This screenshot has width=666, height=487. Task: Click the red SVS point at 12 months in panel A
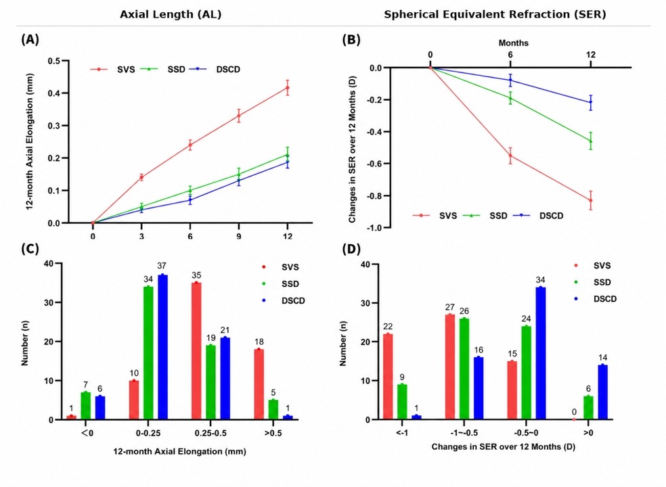[288, 88]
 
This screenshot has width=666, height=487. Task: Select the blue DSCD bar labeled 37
[162, 347]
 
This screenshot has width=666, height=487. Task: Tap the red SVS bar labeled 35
[196, 351]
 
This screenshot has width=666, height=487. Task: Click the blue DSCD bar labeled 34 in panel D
[541, 353]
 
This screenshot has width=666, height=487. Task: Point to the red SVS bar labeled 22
[388, 377]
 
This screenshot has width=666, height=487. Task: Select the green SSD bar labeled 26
[464, 369]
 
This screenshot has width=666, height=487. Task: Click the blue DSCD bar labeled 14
[602, 392]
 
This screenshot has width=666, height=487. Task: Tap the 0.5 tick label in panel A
[54, 61]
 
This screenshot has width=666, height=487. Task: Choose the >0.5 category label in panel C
[273, 434]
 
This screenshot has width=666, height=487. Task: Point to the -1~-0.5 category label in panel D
[464, 433]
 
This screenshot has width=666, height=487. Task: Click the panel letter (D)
[351, 249]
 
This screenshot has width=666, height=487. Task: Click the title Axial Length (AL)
[171, 14]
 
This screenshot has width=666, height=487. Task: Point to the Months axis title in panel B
[514, 43]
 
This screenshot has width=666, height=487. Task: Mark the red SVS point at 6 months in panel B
[510, 156]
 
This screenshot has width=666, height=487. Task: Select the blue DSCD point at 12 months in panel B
[590, 102]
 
